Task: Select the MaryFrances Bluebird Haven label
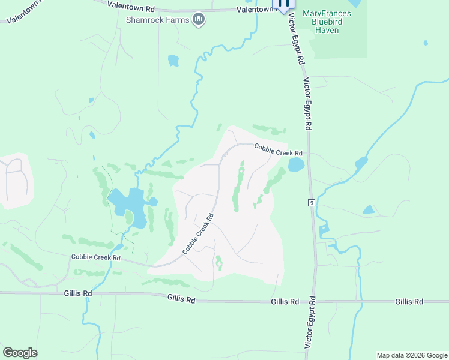(x=335, y=22)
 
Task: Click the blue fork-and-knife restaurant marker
(x=284, y=4)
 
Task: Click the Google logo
(x=20, y=352)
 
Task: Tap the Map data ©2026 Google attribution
(x=411, y=355)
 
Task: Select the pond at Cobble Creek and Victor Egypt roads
(x=297, y=164)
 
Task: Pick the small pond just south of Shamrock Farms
(x=173, y=60)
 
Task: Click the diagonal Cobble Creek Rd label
(x=199, y=233)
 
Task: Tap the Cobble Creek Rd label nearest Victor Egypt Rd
(x=277, y=150)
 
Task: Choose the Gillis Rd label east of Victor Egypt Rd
(x=409, y=301)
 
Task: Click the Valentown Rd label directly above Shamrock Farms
(x=131, y=6)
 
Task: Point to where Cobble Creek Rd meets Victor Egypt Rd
(x=309, y=154)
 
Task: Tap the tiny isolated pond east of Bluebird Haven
(x=426, y=43)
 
